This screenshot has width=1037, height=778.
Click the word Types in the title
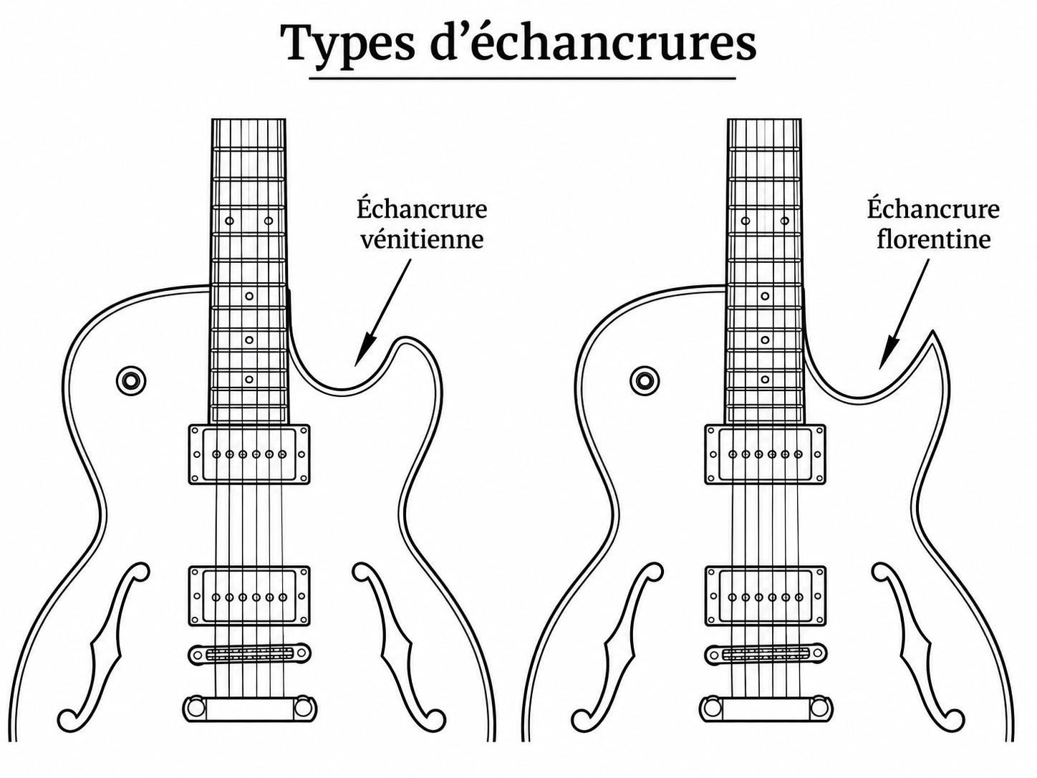[x=347, y=44]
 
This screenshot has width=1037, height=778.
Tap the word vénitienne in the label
[x=422, y=239]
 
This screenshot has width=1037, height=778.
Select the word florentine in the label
[x=934, y=239]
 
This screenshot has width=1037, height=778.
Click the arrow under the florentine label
[x=900, y=314]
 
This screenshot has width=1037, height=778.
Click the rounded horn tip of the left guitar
[x=405, y=338]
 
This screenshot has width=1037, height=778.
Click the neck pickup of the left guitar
[x=249, y=454]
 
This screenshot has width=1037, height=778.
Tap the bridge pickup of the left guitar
[x=249, y=597]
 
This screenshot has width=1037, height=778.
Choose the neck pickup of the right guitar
[x=766, y=454]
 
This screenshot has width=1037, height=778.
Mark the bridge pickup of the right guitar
[x=766, y=597]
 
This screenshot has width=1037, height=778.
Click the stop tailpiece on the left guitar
[x=250, y=708]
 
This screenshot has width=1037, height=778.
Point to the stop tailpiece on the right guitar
[x=766, y=708]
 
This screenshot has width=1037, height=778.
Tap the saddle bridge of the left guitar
[x=250, y=654]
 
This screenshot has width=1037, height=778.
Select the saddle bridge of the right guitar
[x=766, y=654]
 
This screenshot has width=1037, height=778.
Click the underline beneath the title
[x=522, y=78]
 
